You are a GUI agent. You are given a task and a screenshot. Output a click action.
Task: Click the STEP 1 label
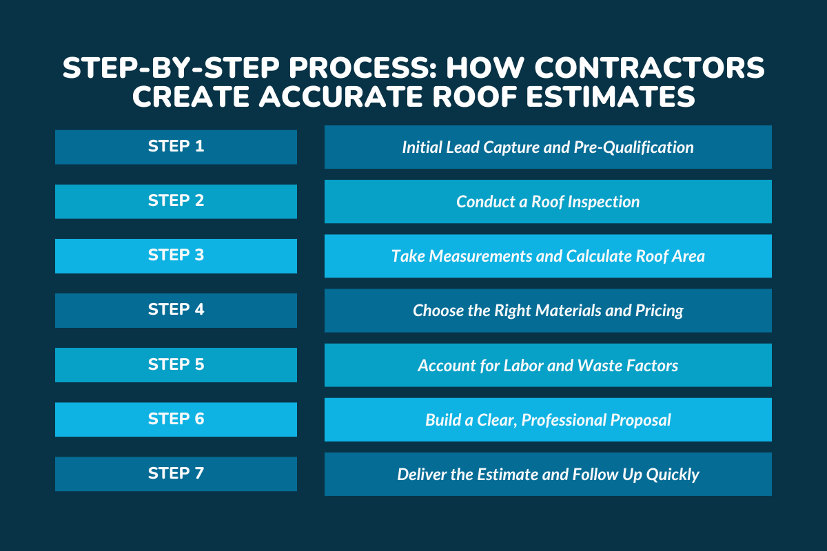[x=176, y=146]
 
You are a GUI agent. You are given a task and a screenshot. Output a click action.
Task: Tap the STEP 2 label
[x=176, y=200]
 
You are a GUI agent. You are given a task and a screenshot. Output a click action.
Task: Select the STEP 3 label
[x=176, y=255]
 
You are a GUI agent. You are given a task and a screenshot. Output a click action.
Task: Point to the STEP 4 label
[x=176, y=309]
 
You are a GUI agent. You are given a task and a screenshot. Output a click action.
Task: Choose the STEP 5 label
[x=176, y=364]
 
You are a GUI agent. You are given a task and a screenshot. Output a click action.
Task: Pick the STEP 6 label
[x=176, y=419]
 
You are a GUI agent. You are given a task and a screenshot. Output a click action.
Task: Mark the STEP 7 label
[x=176, y=473]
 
